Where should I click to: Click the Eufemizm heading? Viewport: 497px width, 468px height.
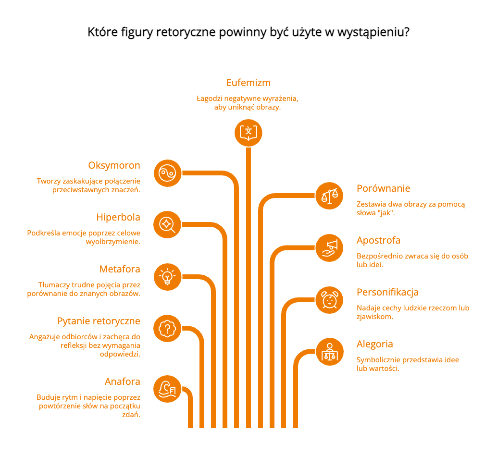[x=248, y=83]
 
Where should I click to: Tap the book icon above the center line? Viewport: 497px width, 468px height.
[x=248, y=133]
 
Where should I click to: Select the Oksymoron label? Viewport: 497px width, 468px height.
[x=114, y=165]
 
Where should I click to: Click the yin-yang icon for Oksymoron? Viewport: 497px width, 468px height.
[x=167, y=173]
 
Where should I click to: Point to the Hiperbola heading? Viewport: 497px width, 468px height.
[x=118, y=217]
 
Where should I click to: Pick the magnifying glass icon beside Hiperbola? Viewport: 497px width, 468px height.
[x=167, y=225]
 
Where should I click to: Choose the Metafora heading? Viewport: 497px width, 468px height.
[x=120, y=269]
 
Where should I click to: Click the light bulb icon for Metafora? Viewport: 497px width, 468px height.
[x=167, y=277]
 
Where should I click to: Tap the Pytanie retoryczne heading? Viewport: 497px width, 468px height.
[x=99, y=321]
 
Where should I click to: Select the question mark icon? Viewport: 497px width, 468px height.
[x=167, y=329]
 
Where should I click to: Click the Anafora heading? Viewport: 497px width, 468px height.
[x=123, y=382]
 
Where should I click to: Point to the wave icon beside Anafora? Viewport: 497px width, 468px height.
[x=167, y=389]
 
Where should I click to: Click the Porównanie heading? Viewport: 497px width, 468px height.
[x=383, y=188]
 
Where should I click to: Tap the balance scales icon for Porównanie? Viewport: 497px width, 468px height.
[x=329, y=196]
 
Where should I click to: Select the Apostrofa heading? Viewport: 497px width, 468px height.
[x=378, y=241]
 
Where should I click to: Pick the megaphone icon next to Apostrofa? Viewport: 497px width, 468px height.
[x=329, y=248]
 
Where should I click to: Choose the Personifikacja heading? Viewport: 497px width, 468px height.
[x=387, y=293]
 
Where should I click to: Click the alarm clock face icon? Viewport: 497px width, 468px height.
[x=329, y=300]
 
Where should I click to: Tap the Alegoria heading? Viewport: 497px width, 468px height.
[x=374, y=345]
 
